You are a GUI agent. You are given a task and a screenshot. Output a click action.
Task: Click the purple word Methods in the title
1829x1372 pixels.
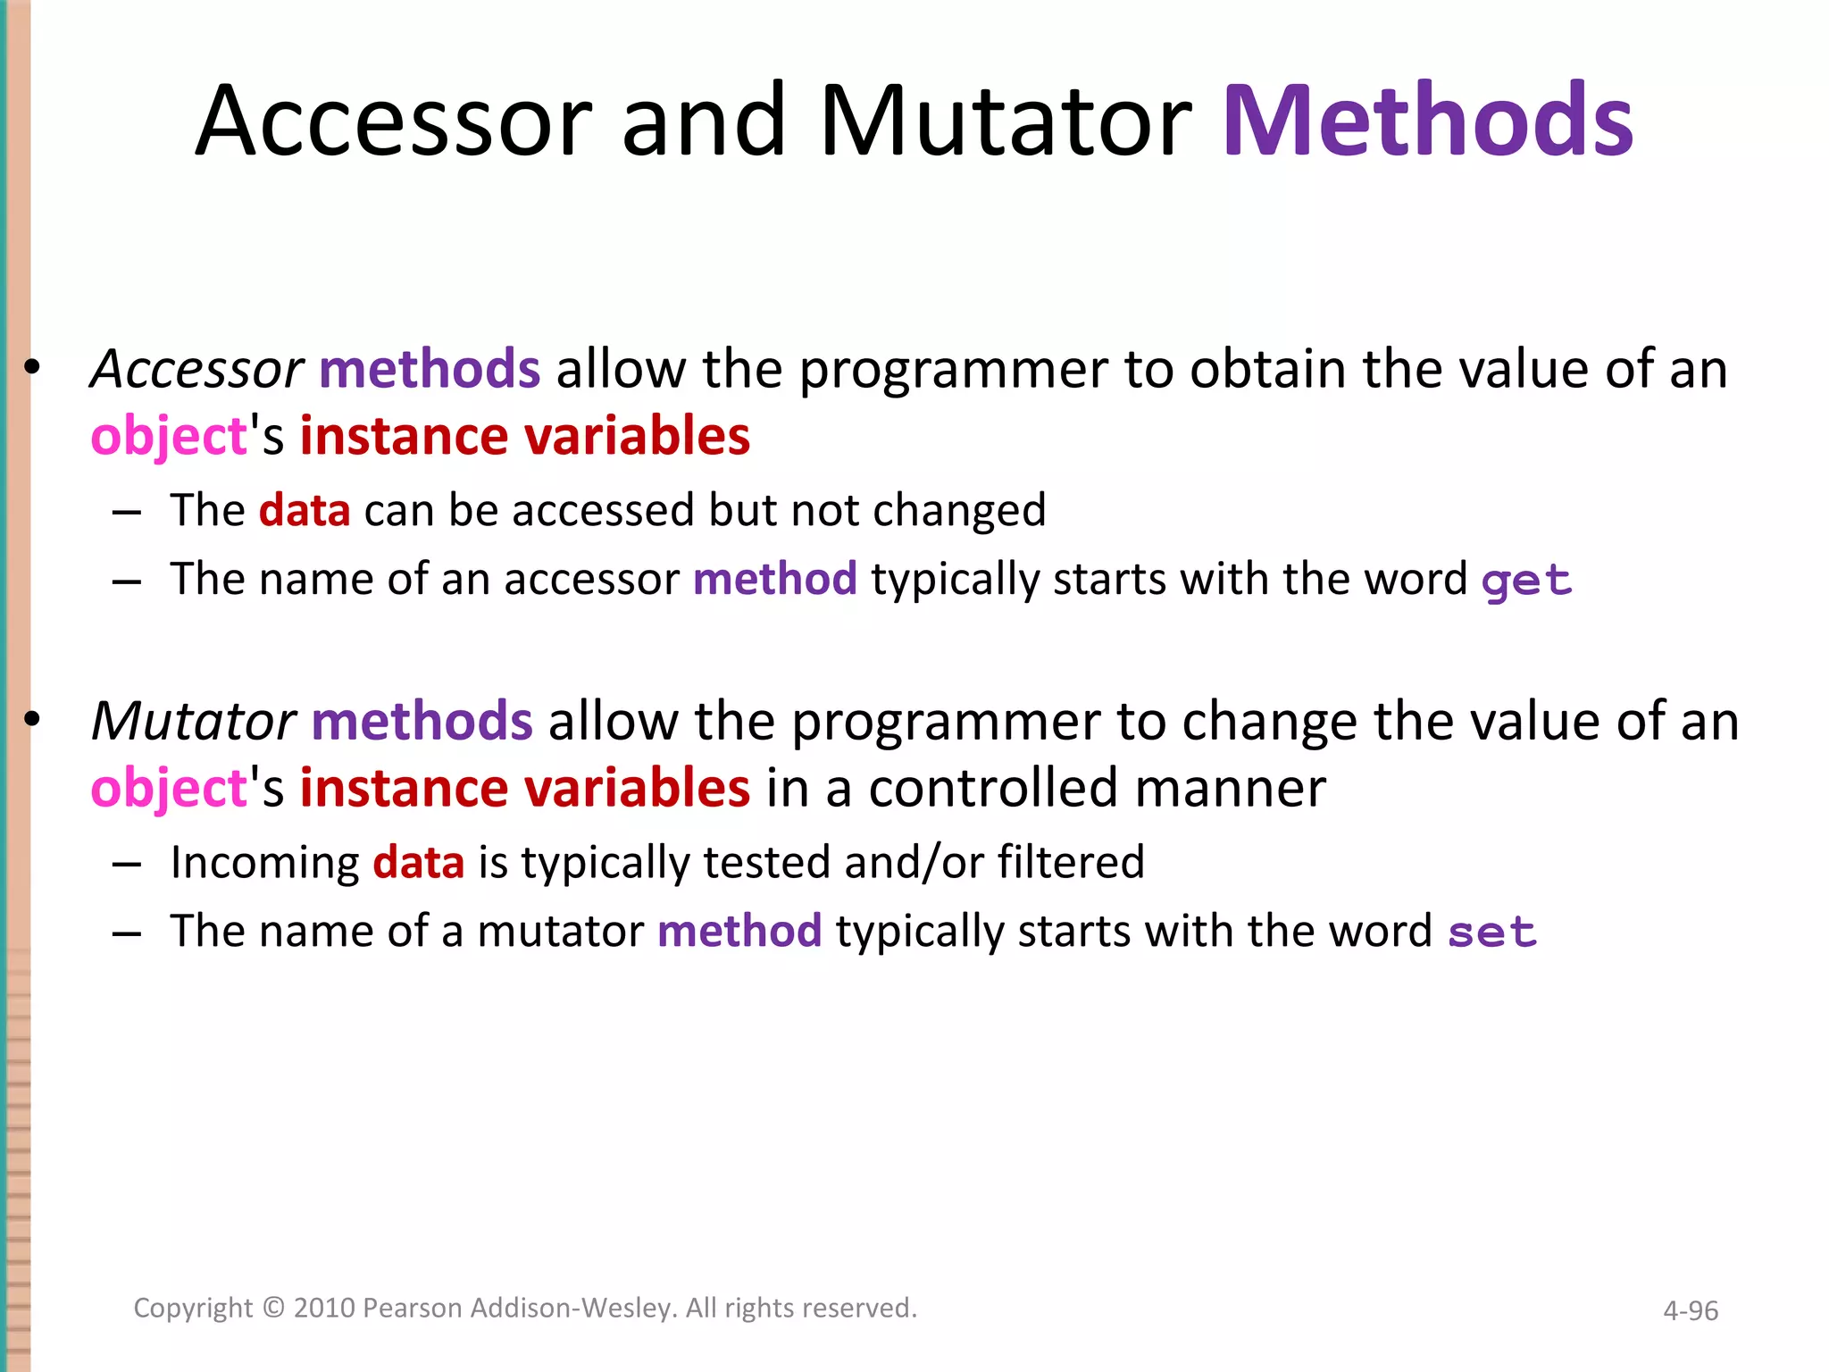point(1426,121)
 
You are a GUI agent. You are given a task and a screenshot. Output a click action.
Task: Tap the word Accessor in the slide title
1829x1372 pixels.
point(394,121)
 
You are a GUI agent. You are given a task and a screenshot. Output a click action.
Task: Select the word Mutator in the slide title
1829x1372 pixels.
point(1005,121)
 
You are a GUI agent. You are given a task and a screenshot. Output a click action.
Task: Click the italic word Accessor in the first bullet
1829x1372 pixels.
point(197,369)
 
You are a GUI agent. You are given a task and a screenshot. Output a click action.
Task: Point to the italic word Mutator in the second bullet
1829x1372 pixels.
point(193,721)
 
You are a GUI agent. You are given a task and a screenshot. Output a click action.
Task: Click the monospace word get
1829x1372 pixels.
point(1526,581)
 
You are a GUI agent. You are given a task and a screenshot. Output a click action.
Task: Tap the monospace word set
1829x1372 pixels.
point(1491,933)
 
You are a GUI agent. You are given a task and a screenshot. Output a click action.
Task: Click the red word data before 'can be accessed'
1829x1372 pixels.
point(305,511)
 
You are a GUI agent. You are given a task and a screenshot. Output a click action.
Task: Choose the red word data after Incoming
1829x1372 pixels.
point(418,863)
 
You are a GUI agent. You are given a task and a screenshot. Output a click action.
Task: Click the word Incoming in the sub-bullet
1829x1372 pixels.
point(264,864)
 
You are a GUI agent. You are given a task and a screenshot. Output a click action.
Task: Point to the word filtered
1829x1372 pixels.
point(1071,863)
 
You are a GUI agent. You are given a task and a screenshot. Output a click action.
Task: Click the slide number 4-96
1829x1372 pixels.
point(1690,1310)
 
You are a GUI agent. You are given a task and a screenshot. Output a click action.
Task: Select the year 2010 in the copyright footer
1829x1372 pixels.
point(326,1308)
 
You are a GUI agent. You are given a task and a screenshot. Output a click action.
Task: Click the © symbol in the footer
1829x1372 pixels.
point(273,1308)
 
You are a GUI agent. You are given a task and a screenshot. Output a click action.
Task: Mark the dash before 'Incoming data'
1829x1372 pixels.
point(127,865)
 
